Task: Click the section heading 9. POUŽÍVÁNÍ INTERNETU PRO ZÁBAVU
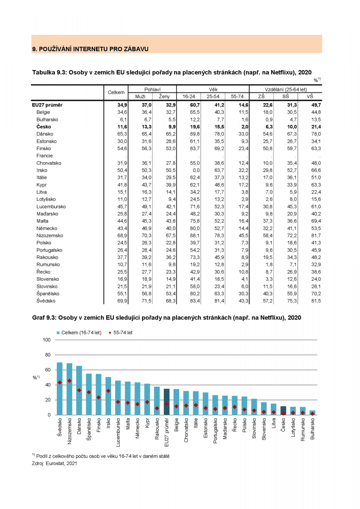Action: coord(90,49)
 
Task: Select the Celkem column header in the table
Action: coord(116,92)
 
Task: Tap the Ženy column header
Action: coord(164,97)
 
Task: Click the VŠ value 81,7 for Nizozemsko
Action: coord(315,235)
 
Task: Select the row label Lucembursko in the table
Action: coord(51,206)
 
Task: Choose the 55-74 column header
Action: coord(237,97)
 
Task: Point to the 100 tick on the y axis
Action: coord(46,340)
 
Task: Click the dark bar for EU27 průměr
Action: coord(167,402)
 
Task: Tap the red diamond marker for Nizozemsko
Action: coord(70,381)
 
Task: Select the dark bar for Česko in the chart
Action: coord(283,410)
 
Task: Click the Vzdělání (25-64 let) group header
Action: coord(285,89)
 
